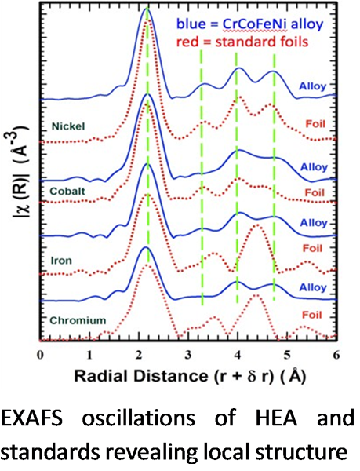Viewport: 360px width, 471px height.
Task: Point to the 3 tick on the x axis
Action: pyautogui.click(x=188, y=354)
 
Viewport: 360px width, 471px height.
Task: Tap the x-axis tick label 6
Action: pyautogui.click(x=336, y=354)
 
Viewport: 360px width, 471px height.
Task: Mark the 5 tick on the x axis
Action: pyautogui.click(x=286, y=354)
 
